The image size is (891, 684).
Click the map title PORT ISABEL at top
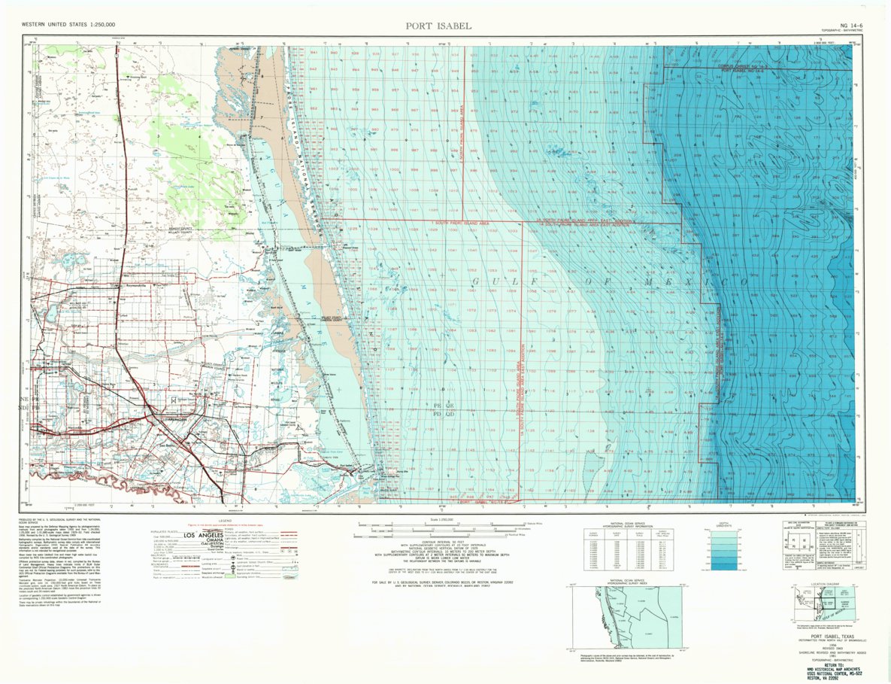(x=438, y=26)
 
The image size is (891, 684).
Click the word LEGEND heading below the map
(x=225, y=520)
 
